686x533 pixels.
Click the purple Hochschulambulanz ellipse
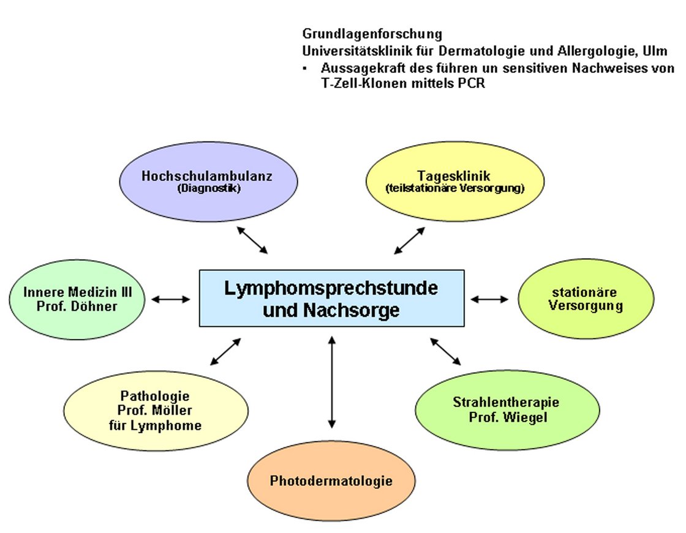tap(208, 182)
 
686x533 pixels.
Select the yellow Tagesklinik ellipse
tap(455, 182)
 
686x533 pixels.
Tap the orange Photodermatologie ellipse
tap(331, 480)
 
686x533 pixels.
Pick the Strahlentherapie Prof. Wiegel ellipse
tap(508, 410)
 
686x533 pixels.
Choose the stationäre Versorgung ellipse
tap(586, 299)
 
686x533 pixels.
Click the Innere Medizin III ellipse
tap(77, 299)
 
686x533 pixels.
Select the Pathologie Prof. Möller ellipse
tap(156, 411)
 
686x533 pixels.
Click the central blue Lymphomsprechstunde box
tap(331, 298)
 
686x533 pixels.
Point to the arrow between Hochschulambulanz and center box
tap(252, 240)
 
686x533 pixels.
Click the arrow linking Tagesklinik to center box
tap(410, 240)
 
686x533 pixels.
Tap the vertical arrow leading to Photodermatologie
tap(331, 382)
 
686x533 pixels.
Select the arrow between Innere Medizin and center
tap(171, 299)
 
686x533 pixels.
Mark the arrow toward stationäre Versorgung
tap(489, 299)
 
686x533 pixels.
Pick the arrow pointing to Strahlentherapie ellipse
tap(445, 351)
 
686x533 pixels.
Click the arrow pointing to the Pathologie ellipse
tap(225, 351)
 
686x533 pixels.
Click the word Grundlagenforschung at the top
tap(372, 34)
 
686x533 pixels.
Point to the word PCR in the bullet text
tap(472, 83)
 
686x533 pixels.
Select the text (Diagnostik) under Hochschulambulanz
tap(209, 188)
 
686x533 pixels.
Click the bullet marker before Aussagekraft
tap(305, 68)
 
